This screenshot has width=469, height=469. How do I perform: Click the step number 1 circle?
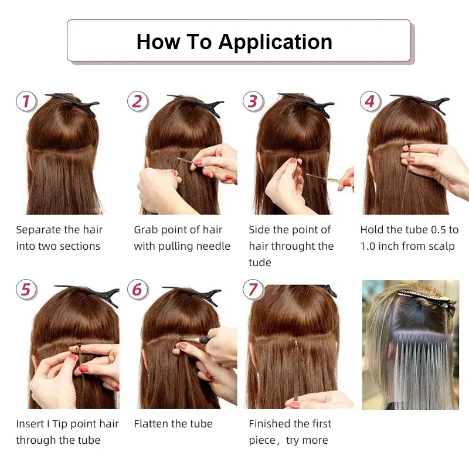tap(25, 101)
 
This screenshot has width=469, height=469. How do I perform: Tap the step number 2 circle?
tap(137, 101)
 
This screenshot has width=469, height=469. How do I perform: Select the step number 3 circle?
tap(252, 101)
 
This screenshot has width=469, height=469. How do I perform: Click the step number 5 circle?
tap(25, 290)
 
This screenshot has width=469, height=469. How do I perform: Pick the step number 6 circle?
tap(137, 290)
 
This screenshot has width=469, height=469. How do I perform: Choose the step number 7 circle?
tap(252, 290)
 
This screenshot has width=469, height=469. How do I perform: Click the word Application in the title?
tap(275, 42)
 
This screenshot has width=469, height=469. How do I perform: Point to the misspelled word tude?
tap(260, 263)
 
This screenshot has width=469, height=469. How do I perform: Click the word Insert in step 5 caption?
tap(30, 424)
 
